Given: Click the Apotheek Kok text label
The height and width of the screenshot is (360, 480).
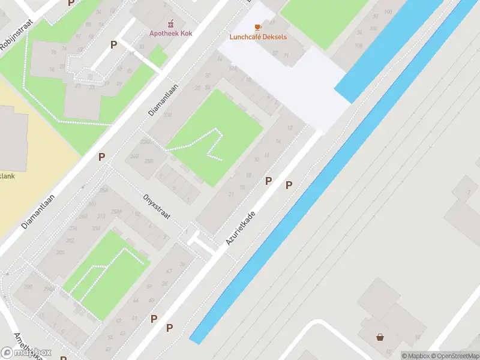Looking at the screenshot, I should point(170,34).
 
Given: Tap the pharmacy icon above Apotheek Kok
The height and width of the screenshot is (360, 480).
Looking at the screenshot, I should point(170,24).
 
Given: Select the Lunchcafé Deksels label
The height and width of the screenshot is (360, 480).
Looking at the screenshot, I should point(258,37).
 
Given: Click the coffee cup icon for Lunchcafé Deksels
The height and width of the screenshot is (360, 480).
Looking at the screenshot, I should point(258,27).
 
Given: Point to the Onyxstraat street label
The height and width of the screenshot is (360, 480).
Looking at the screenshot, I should point(158,206).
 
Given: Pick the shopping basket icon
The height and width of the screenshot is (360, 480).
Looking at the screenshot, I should point(380,337).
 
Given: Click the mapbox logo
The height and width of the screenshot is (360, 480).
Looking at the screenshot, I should point(26,352).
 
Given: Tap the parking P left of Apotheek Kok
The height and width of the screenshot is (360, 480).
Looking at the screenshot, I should point(113,44).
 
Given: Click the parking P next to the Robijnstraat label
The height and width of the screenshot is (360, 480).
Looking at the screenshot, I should point(71,3).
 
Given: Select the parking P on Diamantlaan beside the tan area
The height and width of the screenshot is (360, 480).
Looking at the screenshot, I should point(102,157).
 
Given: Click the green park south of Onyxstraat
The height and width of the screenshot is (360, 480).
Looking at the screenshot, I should point(105,276).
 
